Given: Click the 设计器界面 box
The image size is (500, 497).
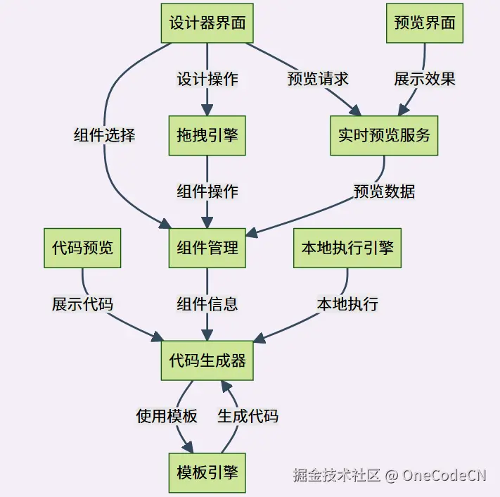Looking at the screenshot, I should tap(207, 23).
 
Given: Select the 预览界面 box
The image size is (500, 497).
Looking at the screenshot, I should tap(424, 23).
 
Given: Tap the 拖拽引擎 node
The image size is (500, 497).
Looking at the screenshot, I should tap(207, 135).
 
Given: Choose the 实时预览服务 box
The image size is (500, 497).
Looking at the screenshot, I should tap(384, 135).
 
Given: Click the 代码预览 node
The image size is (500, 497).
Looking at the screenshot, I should tap(82, 248).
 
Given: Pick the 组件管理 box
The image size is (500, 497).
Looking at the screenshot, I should tap(207, 248).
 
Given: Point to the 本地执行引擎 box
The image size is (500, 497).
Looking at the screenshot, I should tap(347, 248).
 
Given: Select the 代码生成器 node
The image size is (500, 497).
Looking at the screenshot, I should tap(207, 360).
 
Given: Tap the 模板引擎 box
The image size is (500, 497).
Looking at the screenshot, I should tap(207, 472).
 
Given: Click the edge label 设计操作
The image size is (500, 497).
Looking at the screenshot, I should tap(207, 79).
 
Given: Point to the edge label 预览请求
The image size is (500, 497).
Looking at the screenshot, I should tap(318, 79).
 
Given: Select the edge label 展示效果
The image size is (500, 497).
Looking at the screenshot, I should tap(425, 79).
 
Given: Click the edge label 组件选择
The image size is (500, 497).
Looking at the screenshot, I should tap(105, 135).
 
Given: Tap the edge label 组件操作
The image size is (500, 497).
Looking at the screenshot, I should tap(207, 191).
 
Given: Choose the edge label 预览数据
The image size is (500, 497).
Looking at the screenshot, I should tap(384, 191).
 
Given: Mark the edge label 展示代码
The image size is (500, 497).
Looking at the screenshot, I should tap(82, 304).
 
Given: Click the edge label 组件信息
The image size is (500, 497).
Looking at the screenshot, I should tap(207, 304).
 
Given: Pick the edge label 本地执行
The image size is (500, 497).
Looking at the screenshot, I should tap(347, 304).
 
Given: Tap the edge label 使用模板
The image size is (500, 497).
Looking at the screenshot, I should tap(167, 416).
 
